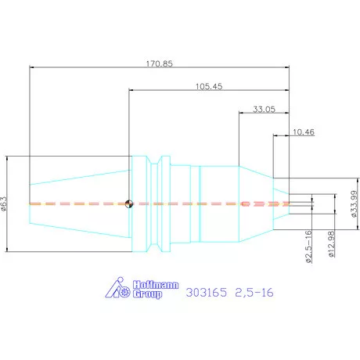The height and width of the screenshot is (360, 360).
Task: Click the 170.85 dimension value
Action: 160,63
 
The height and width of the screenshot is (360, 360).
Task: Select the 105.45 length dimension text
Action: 209,86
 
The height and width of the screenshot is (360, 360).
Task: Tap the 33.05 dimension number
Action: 264,110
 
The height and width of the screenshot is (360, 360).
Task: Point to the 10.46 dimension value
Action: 304,132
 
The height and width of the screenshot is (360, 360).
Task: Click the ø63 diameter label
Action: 4,203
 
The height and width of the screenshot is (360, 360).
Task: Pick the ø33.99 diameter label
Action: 354,203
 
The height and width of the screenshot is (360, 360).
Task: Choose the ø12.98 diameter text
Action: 331,244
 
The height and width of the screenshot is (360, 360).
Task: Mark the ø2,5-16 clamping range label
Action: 308,247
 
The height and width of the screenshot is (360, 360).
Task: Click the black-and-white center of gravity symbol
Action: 129,203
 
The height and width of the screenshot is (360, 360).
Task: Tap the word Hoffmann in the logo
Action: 156,285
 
